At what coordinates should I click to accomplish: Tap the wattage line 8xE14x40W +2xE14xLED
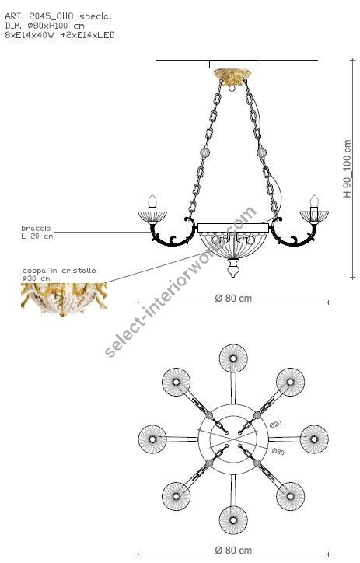(x=59, y=35)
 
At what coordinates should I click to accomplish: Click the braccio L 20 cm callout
(x=37, y=232)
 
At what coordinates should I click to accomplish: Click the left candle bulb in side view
(x=152, y=201)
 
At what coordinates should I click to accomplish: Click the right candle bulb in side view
(x=314, y=201)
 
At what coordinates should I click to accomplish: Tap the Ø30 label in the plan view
(x=277, y=450)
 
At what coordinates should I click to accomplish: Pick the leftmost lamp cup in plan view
(x=153, y=439)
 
